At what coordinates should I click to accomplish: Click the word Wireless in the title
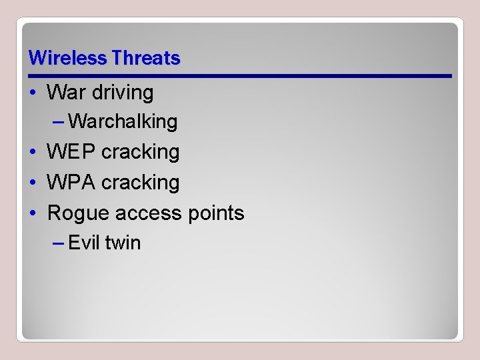(68, 58)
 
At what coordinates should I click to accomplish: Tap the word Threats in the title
(146, 58)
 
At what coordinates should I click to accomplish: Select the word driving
(123, 92)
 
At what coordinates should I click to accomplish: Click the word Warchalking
(123, 121)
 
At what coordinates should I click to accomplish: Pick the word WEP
(71, 152)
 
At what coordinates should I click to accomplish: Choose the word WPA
(71, 182)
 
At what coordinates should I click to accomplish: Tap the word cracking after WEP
(141, 152)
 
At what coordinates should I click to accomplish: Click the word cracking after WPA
(141, 182)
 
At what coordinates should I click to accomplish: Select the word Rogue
(79, 213)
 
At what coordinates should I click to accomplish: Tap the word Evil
(83, 243)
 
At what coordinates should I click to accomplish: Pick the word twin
(123, 243)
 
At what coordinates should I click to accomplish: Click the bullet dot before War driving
(33, 93)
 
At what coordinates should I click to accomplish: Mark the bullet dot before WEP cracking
(33, 153)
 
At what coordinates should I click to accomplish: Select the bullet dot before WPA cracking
(33, 183)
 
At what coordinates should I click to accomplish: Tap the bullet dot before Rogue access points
(33, 213)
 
